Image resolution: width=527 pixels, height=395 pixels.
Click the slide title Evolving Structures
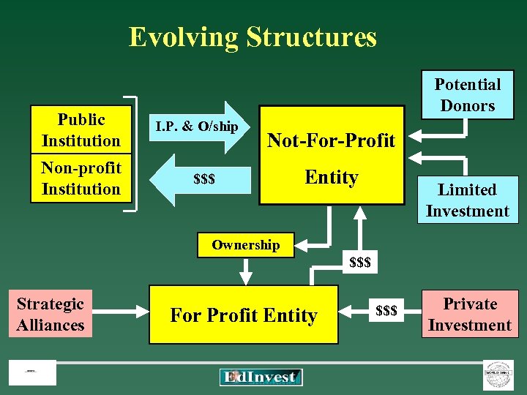tap(253, 37)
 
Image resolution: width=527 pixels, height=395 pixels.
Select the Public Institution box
tap(81, 130)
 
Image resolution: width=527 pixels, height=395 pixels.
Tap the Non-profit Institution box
tap(81, 178)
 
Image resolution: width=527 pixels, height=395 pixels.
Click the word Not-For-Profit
tap(331, 140)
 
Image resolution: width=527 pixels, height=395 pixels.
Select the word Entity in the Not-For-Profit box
tap(331, 177)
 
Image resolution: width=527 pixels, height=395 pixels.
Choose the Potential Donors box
tap(467, 95)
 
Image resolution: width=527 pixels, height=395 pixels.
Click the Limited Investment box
tap(467, 200)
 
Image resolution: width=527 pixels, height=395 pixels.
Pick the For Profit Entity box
tap(244, 315)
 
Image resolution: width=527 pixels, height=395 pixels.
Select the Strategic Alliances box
tap(51, 315)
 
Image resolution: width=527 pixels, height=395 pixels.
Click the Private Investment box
tap(470, 315)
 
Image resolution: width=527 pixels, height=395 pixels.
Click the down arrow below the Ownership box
tap(246, 271)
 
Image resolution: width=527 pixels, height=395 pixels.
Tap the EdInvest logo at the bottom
tap(261, 377)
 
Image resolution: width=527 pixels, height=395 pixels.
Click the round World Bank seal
tap(498, 375)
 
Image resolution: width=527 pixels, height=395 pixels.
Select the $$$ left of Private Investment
tap(386, 311)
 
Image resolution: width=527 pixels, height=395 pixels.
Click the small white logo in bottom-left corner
tap(32, 372)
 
